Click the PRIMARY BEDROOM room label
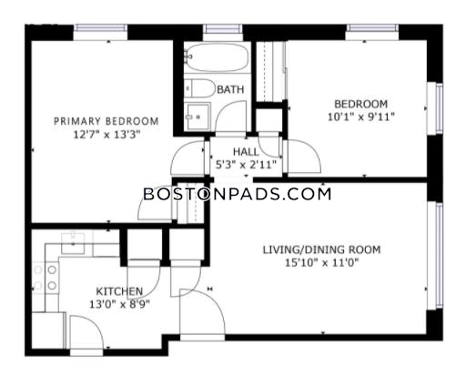[x=106, y=121]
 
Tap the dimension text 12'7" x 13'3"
[x=106, y=134]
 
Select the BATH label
[x=230, y=89]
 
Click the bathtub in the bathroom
[x=216, y=57]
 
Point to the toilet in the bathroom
[x=199, y=88]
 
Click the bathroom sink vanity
[x=197, y=117]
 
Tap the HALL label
[x=246, y=151]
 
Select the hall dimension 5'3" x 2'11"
[x=246, y=165]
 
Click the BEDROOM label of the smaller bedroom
[x=361, y=104]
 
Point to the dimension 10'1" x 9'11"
[x=361, y=117]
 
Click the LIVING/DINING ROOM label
[x=321, y=249]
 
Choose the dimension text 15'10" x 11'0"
[x=322, y=262]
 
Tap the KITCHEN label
[x=119, y=291]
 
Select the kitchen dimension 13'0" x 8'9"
[x=119, y=304]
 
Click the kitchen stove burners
[x=46, y=278]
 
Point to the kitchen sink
[x=73, y=243]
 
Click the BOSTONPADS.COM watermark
[x=237, y=194]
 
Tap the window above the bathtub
[x=223, y=29]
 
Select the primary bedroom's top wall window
[x=101, y=28]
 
